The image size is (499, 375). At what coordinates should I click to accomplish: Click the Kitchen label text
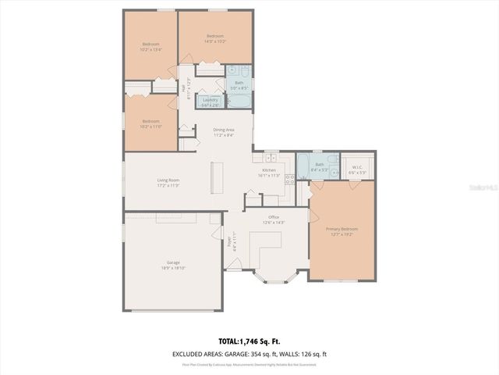(x=268, y=170)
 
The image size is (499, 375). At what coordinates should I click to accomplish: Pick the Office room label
(x=274, y=217)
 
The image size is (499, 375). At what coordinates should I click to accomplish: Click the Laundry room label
(x=209, y=100)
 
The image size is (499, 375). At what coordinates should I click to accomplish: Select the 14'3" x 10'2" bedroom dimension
(x=215, y=42)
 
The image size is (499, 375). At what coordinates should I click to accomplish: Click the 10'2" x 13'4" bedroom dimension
(x=151, y=48)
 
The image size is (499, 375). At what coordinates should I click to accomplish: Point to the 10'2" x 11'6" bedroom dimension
(x=150, y=127)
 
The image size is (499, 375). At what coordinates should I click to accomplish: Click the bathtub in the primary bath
(x=303, y=166)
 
